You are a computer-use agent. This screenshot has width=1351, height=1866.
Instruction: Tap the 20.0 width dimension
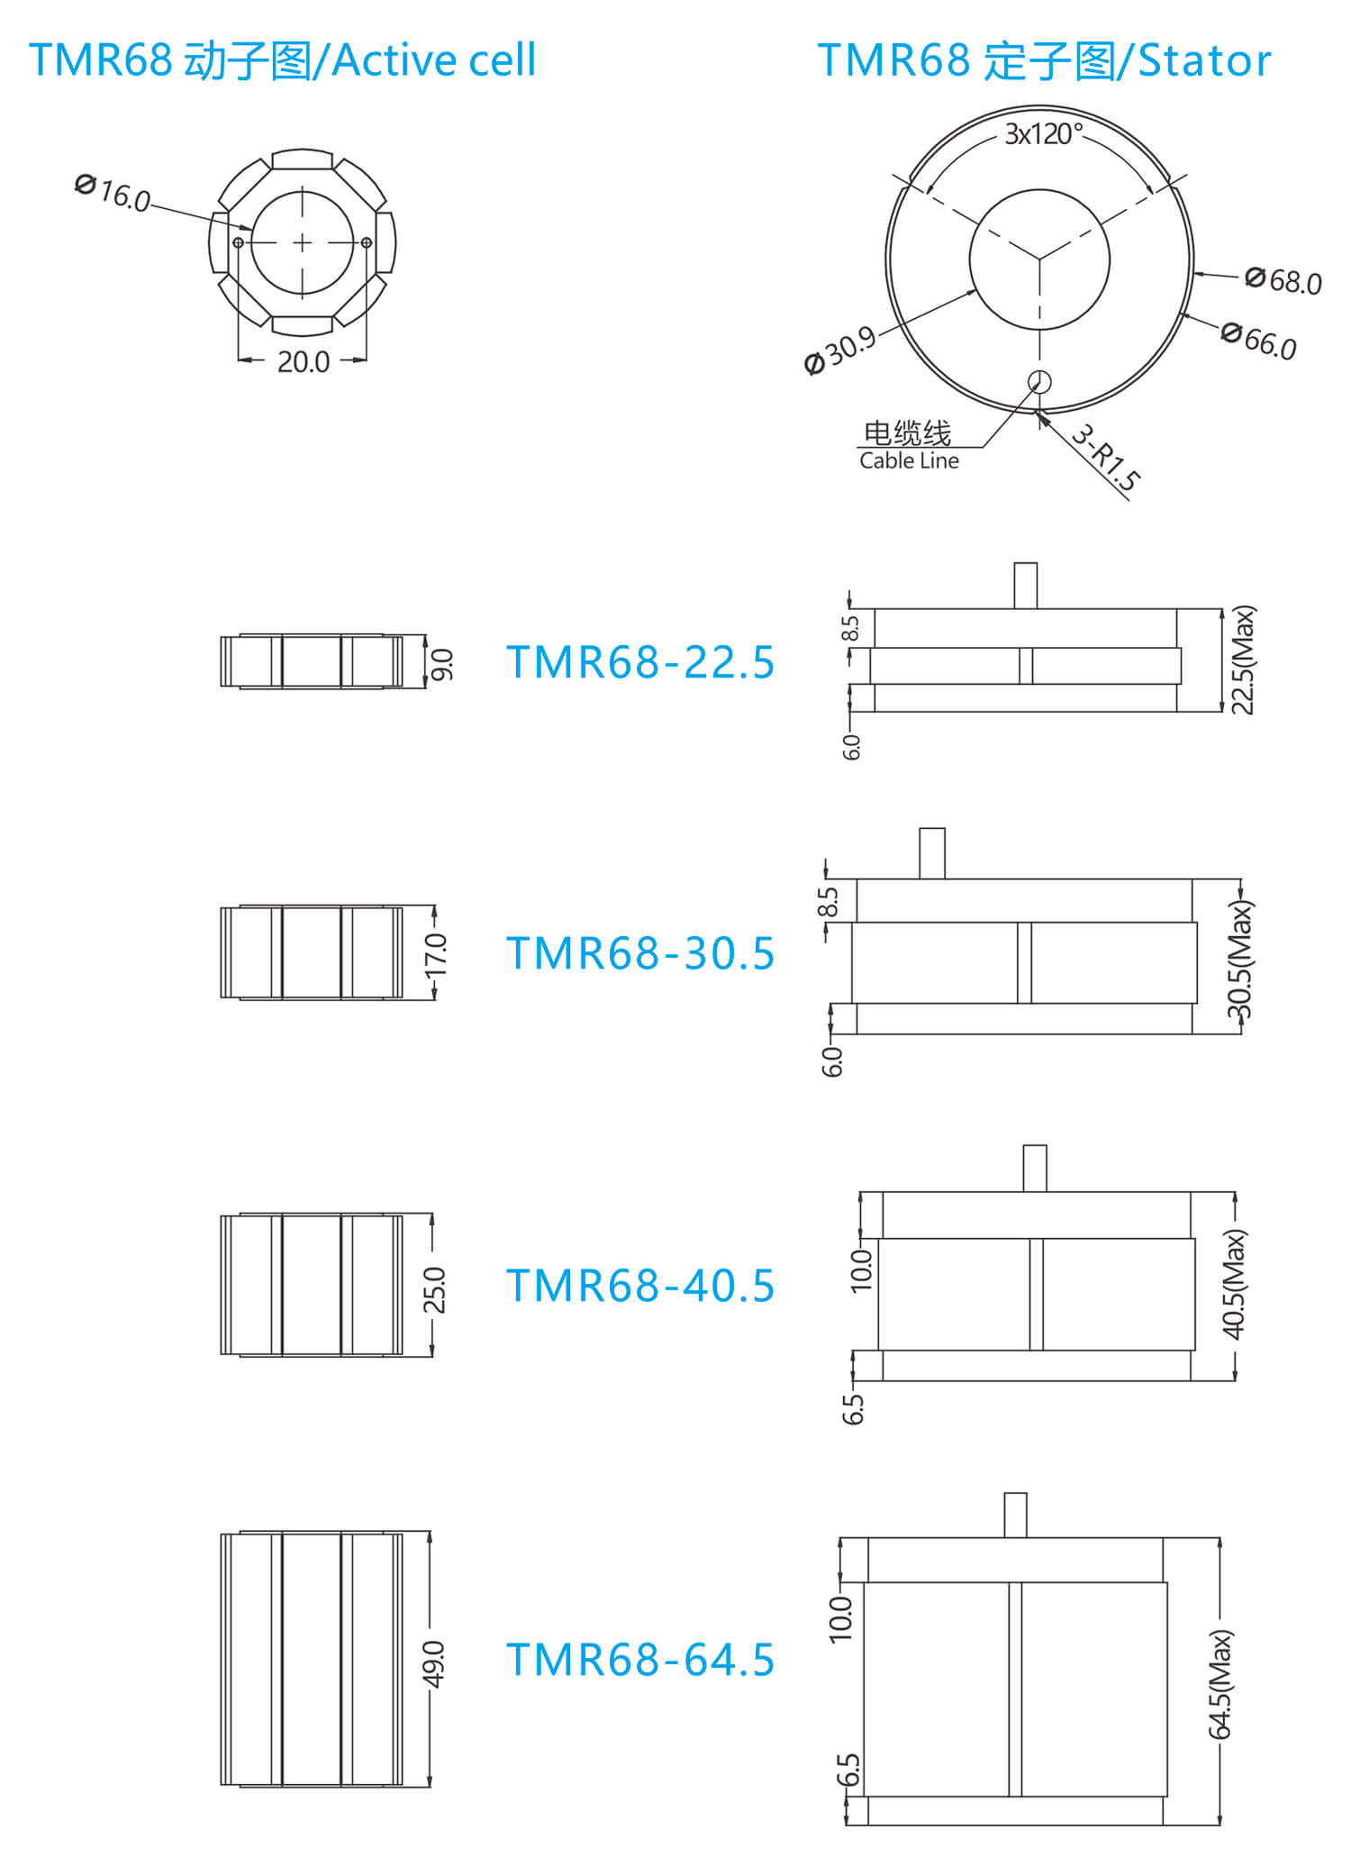pos(303,362)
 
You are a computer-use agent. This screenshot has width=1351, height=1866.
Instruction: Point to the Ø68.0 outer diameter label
pos(1283,280)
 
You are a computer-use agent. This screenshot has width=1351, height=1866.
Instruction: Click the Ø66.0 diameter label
pos(1259,341)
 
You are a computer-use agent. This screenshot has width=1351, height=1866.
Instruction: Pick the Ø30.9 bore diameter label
pos(840,350)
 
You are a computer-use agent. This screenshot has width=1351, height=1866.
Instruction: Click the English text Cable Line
pos(909,461)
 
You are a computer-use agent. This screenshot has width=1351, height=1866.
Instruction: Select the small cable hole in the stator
pos(1039,382)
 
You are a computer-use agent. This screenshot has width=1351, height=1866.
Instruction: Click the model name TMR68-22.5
pos(640,662)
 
